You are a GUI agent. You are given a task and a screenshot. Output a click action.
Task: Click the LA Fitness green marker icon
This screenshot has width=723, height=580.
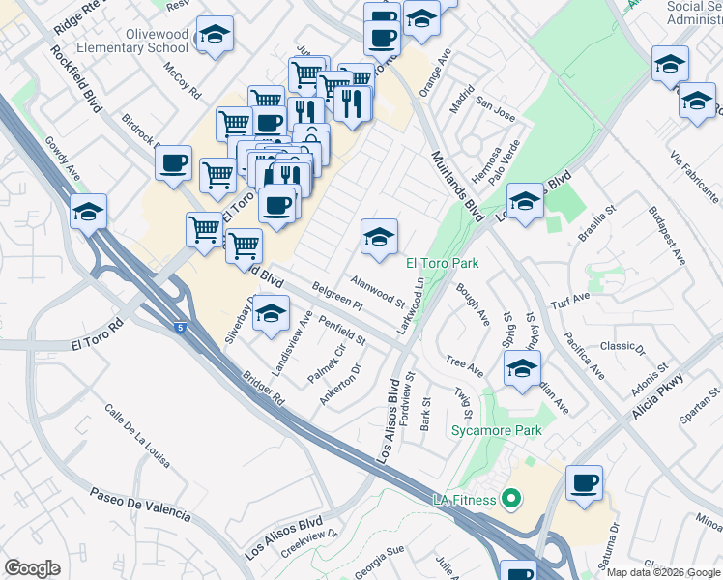click(511, 500)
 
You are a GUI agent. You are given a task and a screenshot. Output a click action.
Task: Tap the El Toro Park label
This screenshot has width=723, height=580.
click(442, 262)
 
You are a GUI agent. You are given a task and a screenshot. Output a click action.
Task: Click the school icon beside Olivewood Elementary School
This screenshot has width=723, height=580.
click(215, 38)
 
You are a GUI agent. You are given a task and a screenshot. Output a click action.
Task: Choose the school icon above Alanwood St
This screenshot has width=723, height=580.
click(379, 236)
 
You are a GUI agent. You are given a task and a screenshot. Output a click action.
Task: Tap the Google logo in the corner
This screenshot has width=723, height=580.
click(32, 568)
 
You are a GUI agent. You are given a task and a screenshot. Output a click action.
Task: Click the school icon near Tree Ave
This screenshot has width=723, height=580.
click(522, 368)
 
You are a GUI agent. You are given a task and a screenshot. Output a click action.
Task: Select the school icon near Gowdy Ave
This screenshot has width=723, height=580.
click(89, 212)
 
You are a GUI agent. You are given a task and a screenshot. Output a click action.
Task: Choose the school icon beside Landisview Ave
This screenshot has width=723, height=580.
click(272, 315)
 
